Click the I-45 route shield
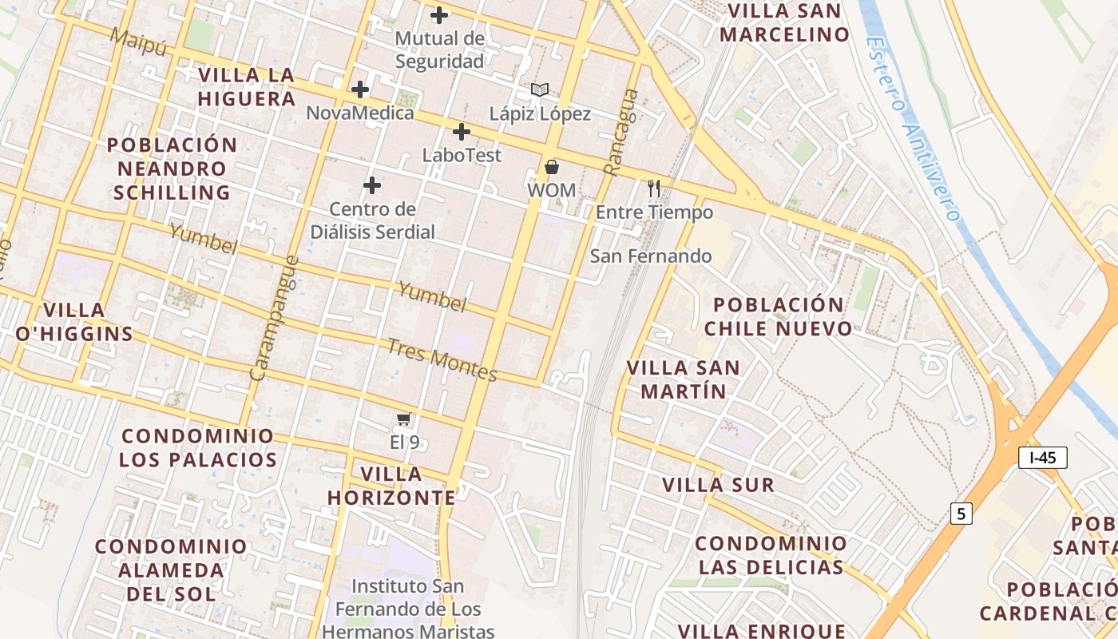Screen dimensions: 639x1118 pos(1043,458)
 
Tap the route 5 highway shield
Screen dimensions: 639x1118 pos(961,514)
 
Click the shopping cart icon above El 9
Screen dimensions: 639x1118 pos(404,419)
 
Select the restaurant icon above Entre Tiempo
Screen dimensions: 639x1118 pos(654,189)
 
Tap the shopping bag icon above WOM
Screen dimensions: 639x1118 pos(551,168)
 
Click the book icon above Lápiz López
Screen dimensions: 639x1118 pos(540,90)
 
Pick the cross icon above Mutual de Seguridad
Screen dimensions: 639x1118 pos(438,14)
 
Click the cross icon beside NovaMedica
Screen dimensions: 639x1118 pos(360,89)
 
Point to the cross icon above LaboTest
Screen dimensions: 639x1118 pos(461,132)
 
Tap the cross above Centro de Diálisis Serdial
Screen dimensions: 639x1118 pos(372,186)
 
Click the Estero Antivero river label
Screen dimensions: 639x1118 pos(914,128)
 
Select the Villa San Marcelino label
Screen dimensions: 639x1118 pos(784,23)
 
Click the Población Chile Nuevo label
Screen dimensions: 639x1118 pos(778,317)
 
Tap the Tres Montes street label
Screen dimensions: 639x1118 pos(442,360)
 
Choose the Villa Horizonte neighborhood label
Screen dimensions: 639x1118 pos(391,486)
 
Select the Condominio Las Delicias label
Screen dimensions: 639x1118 pos(771,555)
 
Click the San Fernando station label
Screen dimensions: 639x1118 pos(651,256)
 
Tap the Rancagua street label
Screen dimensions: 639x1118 pos(621,132)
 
